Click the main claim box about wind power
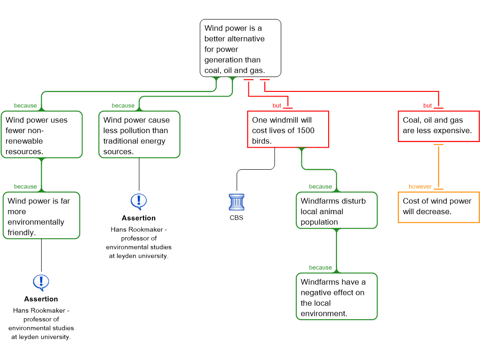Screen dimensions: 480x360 (x=240, y=48)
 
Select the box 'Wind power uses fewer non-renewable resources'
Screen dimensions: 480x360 (x=42, y=135)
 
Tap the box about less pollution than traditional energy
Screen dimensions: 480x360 (x=139, y=135)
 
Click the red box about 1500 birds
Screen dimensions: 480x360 (x=288, y=129)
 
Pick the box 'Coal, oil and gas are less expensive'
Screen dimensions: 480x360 (x=439, y=126)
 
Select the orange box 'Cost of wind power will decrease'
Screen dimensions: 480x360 (x=439, y=207)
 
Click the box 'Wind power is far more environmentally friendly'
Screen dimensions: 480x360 (x=41, y=216)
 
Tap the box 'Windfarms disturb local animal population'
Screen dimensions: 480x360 (x=337, y=210)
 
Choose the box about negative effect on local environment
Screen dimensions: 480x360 (x=337, y=296)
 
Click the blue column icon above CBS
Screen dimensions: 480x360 (x=237, y=202)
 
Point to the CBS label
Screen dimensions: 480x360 (x=236, y=217)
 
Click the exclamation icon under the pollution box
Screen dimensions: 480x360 (x=139, y=202)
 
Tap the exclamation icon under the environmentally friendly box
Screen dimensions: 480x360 (x=41, y=283)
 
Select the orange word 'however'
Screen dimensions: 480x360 (x=420, y=187)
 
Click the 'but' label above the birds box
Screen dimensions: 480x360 (x=277, y=105)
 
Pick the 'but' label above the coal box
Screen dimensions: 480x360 (x=427, y=105)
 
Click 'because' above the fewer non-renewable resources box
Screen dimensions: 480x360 (x=25, y=105)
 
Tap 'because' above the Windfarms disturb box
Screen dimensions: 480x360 (x=320, y=187)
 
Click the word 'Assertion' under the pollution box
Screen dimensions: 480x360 (x=139, y=218)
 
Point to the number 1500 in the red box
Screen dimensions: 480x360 (x=306, y=130)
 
